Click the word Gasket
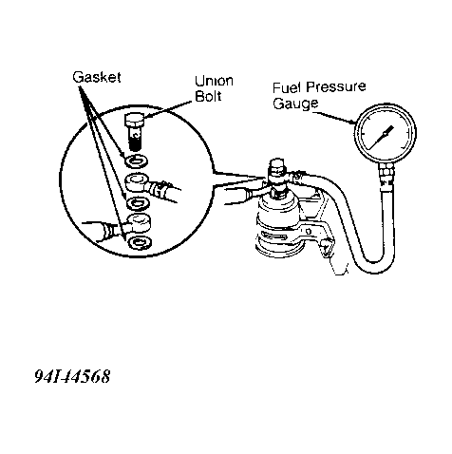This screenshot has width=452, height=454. tap(97, 77)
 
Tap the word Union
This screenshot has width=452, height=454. tap(214, 81)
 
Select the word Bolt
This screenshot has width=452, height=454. tap(208, 96)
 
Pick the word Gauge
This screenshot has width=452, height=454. tap(295, 104)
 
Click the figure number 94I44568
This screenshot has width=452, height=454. tap(72, 376)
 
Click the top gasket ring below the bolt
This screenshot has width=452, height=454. tap(137, 161)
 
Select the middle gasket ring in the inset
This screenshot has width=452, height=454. tap(138, 203)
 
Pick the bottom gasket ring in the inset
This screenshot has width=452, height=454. tap(141, 242)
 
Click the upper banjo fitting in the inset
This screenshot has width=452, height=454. tap(137, 182)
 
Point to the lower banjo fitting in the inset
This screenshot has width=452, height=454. tap(138, 222)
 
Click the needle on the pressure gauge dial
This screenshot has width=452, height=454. tap(381, 138)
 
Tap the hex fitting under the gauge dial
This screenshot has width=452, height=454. tap(386, 173)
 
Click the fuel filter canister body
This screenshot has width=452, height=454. tap(278, 225)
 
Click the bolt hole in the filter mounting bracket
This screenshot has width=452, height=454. tap(309, 232)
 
